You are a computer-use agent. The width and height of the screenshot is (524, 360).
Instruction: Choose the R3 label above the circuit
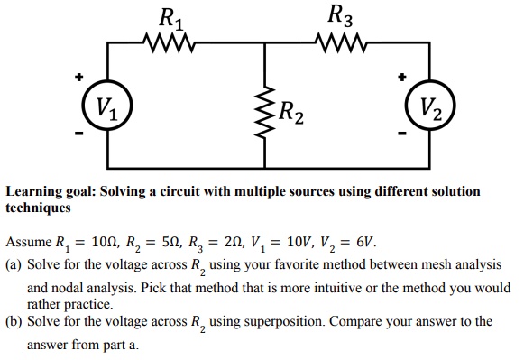pos(342,15)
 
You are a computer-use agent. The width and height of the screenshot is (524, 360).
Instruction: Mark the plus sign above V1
pos(79,78)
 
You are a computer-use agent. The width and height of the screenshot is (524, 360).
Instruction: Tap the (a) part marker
pos(14,265)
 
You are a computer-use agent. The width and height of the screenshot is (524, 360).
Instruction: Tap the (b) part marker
pos(14,321)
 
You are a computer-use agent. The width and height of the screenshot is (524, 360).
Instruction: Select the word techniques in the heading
pos(39,208)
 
